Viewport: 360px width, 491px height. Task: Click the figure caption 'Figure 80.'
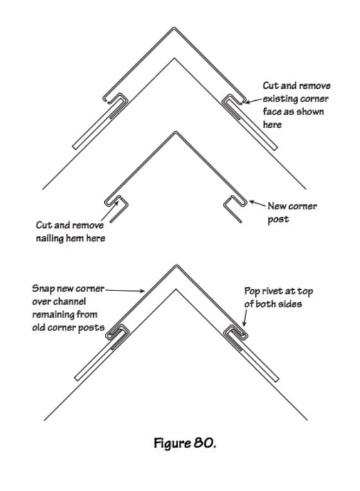pyautogui.click(x=185, y=443)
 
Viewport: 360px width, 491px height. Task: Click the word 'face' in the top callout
pyautogui.click(x=272, y=112)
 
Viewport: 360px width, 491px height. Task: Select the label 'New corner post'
pyautogui.click(x=292, y=212)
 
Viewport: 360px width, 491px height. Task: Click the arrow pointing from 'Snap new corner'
pyautogui.click(x=125, y=290)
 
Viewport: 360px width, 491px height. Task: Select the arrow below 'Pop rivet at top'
pyautogui.click(x=246, y=318)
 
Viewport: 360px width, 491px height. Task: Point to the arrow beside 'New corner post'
pyautogui.click(x=258, y=204)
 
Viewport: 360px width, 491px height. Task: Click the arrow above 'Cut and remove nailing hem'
pyautogui.click(x=111, y=211)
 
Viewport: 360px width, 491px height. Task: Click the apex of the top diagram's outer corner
pyautogui.click(x=174, y=28)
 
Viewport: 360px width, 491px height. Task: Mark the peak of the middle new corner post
pyautogui.click(x=175, y=132)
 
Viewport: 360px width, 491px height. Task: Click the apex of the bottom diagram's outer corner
pyautogui.click(x=176, y=265)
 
